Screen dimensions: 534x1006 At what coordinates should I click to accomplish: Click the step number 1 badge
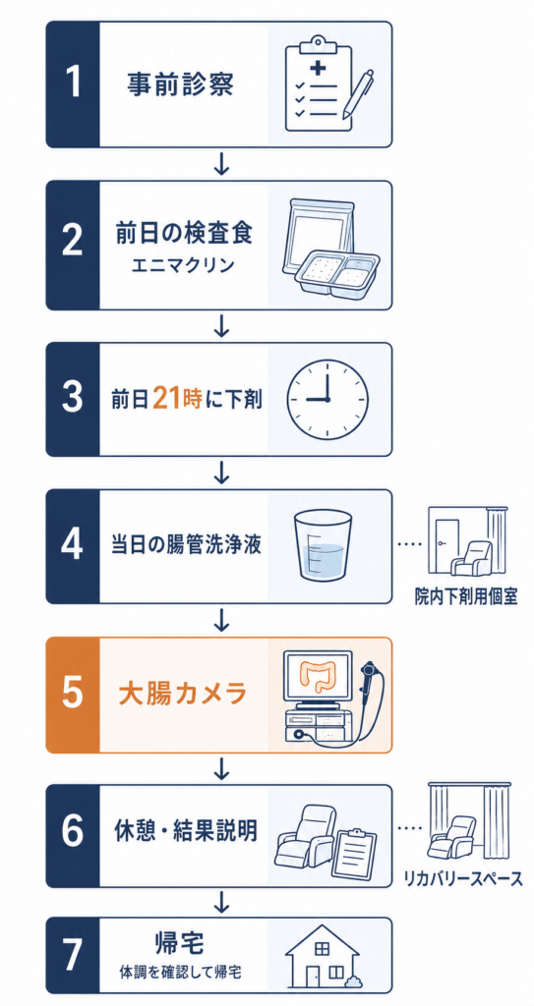pos(73,84)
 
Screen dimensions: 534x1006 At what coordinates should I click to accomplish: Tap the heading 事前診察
pos(179,85)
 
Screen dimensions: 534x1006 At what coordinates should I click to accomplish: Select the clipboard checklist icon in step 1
pos(319,84)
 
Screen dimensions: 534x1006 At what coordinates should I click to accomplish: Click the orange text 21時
pos(177,399)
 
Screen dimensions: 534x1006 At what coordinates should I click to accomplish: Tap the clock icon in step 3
pos(327,399)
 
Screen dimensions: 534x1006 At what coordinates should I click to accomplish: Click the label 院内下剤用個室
pos(465,597)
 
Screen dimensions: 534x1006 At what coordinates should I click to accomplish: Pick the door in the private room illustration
pos(445,546)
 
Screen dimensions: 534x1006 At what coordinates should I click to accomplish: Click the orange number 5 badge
pos(73,695)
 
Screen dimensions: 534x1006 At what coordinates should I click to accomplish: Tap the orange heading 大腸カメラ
pos(183,695)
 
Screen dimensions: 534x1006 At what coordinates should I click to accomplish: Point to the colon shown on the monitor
pos(318,678)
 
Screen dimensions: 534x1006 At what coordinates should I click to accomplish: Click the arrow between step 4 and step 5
pos(221,620)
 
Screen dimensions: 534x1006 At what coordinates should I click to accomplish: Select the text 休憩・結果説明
pos(185,831)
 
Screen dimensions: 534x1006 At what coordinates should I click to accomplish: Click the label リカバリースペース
pos(463,877)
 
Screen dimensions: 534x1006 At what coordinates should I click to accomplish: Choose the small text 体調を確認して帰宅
pos(180,973)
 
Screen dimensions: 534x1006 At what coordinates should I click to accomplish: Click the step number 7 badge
pos(73,955)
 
